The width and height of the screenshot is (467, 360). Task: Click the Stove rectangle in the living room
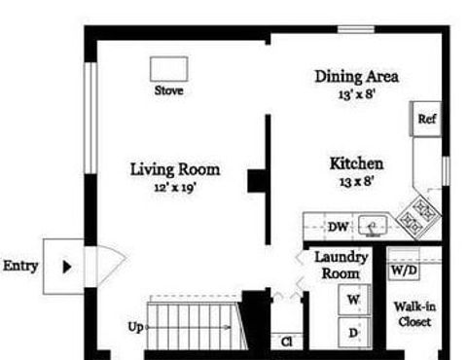point(168,69)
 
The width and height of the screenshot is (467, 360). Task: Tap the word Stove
point(168,90)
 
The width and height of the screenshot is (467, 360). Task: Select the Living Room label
point(175,169)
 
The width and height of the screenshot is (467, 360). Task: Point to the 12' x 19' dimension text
point(175,188)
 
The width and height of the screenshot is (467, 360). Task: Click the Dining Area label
point(357,77)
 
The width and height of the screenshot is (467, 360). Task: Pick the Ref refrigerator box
point(426,119)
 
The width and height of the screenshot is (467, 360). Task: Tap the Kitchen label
point(356,163)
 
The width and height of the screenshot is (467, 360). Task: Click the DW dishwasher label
point(338,227)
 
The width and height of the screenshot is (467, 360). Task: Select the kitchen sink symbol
point(373,226)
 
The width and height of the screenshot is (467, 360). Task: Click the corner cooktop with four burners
point(419,216)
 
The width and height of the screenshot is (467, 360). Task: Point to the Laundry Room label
point(341,266)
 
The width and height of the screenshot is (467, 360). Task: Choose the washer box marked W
point(354,300)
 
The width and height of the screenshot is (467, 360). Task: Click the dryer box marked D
point(354,333)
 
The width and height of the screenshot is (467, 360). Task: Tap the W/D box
point(404,270)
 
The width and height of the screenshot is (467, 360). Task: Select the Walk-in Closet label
point(414,314)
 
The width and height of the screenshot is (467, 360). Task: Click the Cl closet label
point(287,342)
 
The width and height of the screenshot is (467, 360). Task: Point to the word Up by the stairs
point(135,327)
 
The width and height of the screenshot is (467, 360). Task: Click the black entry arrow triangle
point(67,267)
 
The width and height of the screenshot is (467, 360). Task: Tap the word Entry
point(20,266)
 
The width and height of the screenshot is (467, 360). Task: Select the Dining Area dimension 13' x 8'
point(357,94)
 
